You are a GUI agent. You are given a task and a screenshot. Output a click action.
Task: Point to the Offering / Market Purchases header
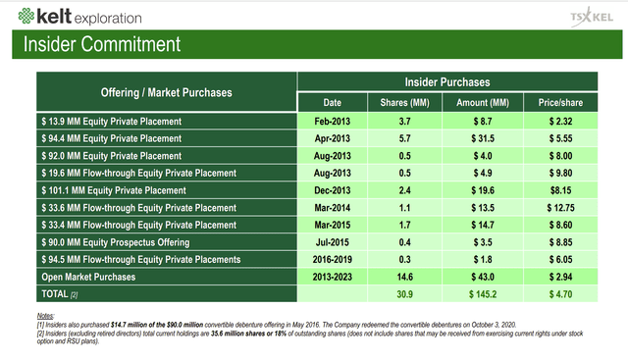point(167,92)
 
